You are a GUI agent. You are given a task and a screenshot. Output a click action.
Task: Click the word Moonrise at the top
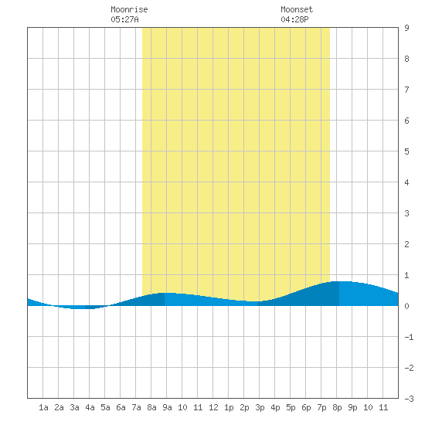(129, 9)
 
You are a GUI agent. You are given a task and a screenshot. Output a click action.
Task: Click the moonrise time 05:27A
(124, 19)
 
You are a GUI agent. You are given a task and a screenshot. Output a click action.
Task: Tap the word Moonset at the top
(297, 9)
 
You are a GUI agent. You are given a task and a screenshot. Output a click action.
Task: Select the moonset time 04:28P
(294, 19)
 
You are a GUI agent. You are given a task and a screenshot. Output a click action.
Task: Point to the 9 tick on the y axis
(406, 28)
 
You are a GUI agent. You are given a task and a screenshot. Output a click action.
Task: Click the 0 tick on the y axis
(406, 306)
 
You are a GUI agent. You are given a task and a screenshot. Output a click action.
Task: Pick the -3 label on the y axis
(409, 399)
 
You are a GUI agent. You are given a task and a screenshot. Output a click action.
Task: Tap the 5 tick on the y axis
(406, 151)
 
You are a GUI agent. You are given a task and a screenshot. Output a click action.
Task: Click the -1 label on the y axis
(409, 337)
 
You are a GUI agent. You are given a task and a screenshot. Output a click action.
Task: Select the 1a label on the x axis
(43, 407)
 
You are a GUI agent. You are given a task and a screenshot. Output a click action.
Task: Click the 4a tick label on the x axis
(90, 407)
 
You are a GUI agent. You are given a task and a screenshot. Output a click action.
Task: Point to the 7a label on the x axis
(136, 407)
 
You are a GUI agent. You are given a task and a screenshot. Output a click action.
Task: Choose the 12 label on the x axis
(213, 407)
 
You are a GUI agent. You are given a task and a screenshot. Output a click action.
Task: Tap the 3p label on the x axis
(260, 407)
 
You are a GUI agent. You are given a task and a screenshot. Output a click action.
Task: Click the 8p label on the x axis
(337, 407)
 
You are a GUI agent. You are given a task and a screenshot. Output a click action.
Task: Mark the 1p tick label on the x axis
(229, 407)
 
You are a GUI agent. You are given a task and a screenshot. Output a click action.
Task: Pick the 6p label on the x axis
(306, 407)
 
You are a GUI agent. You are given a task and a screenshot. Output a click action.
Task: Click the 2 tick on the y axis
(406, 244)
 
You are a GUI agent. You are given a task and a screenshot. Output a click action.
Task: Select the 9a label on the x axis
(167, 407)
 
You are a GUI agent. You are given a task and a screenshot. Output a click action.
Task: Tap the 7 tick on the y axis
(406, 90)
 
